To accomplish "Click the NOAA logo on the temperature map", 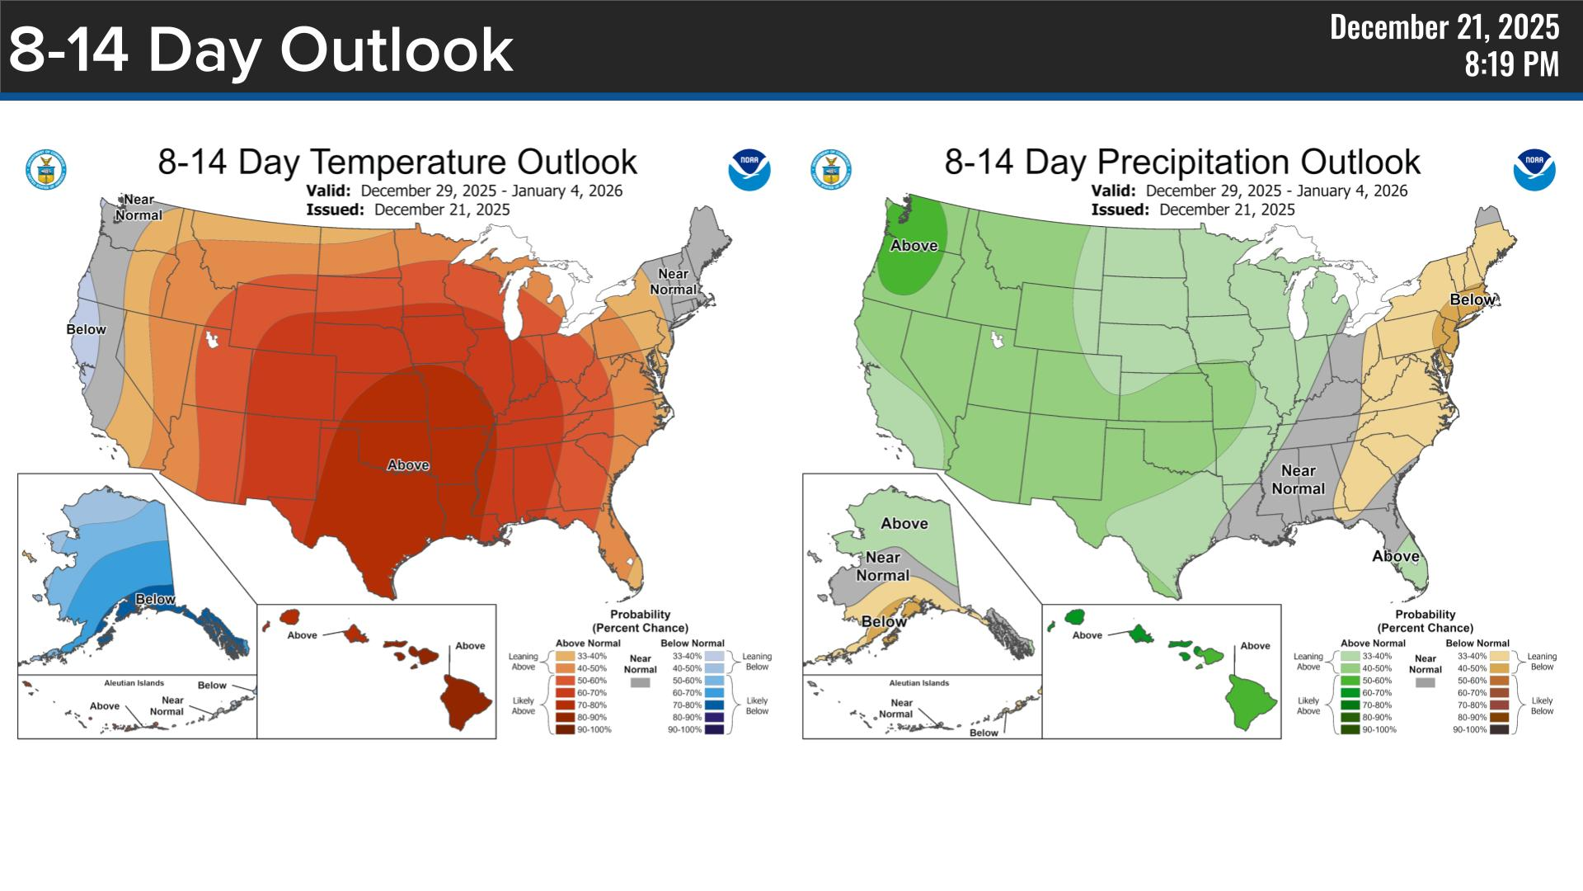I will tap(749, 169).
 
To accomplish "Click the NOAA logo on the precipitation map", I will tap(1534, 169).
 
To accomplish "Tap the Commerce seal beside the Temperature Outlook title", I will tap(46, 170).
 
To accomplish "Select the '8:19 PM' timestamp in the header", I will tap(1511, 64).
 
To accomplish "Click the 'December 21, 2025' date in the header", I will tap(1444, 28).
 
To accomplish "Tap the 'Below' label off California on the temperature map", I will tap(86, 329).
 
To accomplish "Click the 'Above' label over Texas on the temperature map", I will tap(408, 465).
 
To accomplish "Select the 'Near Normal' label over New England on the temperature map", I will tap(674, 281).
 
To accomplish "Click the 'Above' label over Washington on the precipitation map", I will tap(914, 245).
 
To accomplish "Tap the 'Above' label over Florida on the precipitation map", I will tap(1395, 556).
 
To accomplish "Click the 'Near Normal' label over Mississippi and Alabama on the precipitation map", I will tap(1298, 479).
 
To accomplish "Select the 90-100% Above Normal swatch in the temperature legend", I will tap(565, 729).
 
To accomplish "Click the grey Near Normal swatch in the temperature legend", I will tap(640, 683).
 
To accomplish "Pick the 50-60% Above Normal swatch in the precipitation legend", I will tap(1350, 681).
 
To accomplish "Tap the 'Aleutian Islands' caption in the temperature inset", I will tap(134, 683).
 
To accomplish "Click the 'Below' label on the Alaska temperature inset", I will tap(155, 599).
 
